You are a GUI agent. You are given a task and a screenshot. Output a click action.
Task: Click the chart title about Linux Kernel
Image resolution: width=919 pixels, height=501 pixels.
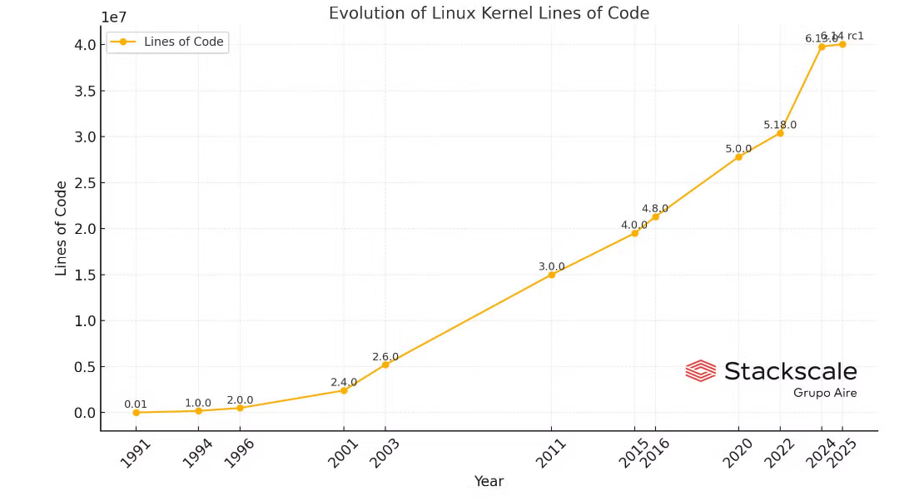(x=489, y=13)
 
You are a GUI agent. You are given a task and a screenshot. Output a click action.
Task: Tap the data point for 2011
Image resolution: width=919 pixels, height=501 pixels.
(x=551, y=275)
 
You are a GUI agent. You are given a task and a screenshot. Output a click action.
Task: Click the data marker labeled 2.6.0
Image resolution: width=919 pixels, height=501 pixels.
(x=385, y=365)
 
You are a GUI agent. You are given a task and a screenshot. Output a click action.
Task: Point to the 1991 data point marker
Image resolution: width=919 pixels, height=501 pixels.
(x=136, y=412)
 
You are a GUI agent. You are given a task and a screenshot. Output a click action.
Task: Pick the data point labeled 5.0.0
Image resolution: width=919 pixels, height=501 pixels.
(x=738, y=156)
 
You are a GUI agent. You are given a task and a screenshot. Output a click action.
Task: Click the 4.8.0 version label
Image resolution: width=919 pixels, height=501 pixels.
(x=655, y=208)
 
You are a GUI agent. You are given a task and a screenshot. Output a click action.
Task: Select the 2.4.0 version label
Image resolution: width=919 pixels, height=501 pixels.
(x=344, y=382)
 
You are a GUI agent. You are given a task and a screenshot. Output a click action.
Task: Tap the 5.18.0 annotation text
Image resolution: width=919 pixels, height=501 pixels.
(x=780, y=125)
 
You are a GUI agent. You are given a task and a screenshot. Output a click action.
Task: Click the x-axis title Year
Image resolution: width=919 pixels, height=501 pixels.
(x=489, y=481)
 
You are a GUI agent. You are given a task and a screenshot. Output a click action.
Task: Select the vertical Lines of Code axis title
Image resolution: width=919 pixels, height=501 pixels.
(x=62, y=229)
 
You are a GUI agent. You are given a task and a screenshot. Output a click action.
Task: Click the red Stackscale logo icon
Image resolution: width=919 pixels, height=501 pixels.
(x=700, y=370)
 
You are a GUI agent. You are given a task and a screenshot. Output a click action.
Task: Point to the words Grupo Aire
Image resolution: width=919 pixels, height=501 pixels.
(x=824, y=393)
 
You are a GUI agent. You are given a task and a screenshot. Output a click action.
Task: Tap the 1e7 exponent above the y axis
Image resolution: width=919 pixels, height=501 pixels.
(x=114, y=17)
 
